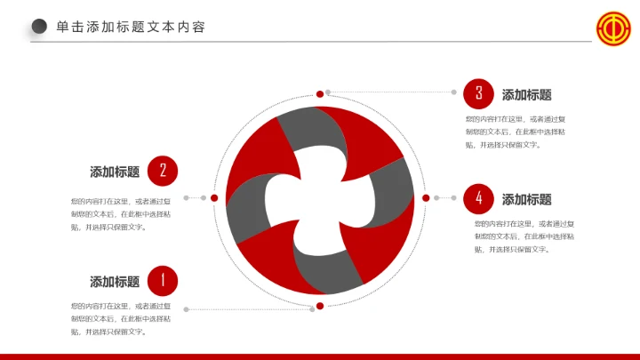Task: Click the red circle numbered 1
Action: point(163,281)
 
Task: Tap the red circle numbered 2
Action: point(163,171)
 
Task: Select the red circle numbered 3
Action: point(478,93)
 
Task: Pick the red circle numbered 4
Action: point(478,198)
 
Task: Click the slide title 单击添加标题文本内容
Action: point(131,27)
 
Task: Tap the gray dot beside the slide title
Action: point(39,27)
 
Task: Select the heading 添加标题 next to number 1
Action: point(115,282)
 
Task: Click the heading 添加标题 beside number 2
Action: point(115,172)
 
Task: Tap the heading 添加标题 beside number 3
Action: point(527,94)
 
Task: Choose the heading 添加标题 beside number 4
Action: point(527,199)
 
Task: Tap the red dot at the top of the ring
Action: point(320,92)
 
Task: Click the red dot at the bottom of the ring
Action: point(320,307)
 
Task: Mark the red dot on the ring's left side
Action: point(214,197)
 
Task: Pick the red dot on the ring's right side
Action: point(426,197)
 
